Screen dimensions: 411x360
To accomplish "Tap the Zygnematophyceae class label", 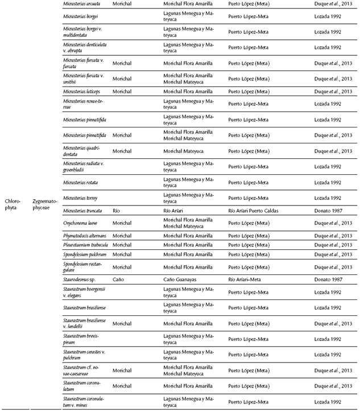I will (x=45, y=204).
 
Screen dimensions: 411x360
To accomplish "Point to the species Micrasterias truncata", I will (x=87, y=211).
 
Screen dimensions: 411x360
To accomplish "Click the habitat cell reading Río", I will (x=117, y=211).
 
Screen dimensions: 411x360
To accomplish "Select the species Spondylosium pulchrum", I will (x=85, y=254).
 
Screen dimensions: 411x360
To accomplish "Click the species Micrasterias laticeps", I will (x=83, y=91).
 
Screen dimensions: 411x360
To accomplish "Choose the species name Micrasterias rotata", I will (x=81, y=182).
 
